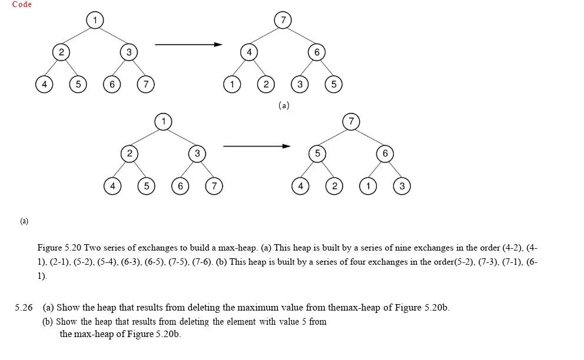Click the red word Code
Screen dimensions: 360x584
(22, 5)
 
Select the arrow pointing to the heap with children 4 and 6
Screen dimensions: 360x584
(188, 44)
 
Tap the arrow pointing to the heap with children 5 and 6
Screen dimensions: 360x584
(257, 146)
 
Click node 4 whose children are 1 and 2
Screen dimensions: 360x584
(249, 52)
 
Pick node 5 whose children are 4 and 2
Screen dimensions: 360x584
(317, 154)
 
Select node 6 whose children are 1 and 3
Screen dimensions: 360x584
(385, 154)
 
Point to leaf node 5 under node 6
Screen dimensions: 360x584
(334, 85)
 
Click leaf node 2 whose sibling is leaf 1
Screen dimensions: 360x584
(266, 85)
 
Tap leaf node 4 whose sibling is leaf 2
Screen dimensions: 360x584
(300, 186)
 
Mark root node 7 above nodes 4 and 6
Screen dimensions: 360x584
(283, 20)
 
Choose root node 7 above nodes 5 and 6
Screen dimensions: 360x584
(351, 122)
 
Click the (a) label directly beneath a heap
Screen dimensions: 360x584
(284, 106)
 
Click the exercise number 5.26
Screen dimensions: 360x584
(24, 307)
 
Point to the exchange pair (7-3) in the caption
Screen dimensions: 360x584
(488, 262)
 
